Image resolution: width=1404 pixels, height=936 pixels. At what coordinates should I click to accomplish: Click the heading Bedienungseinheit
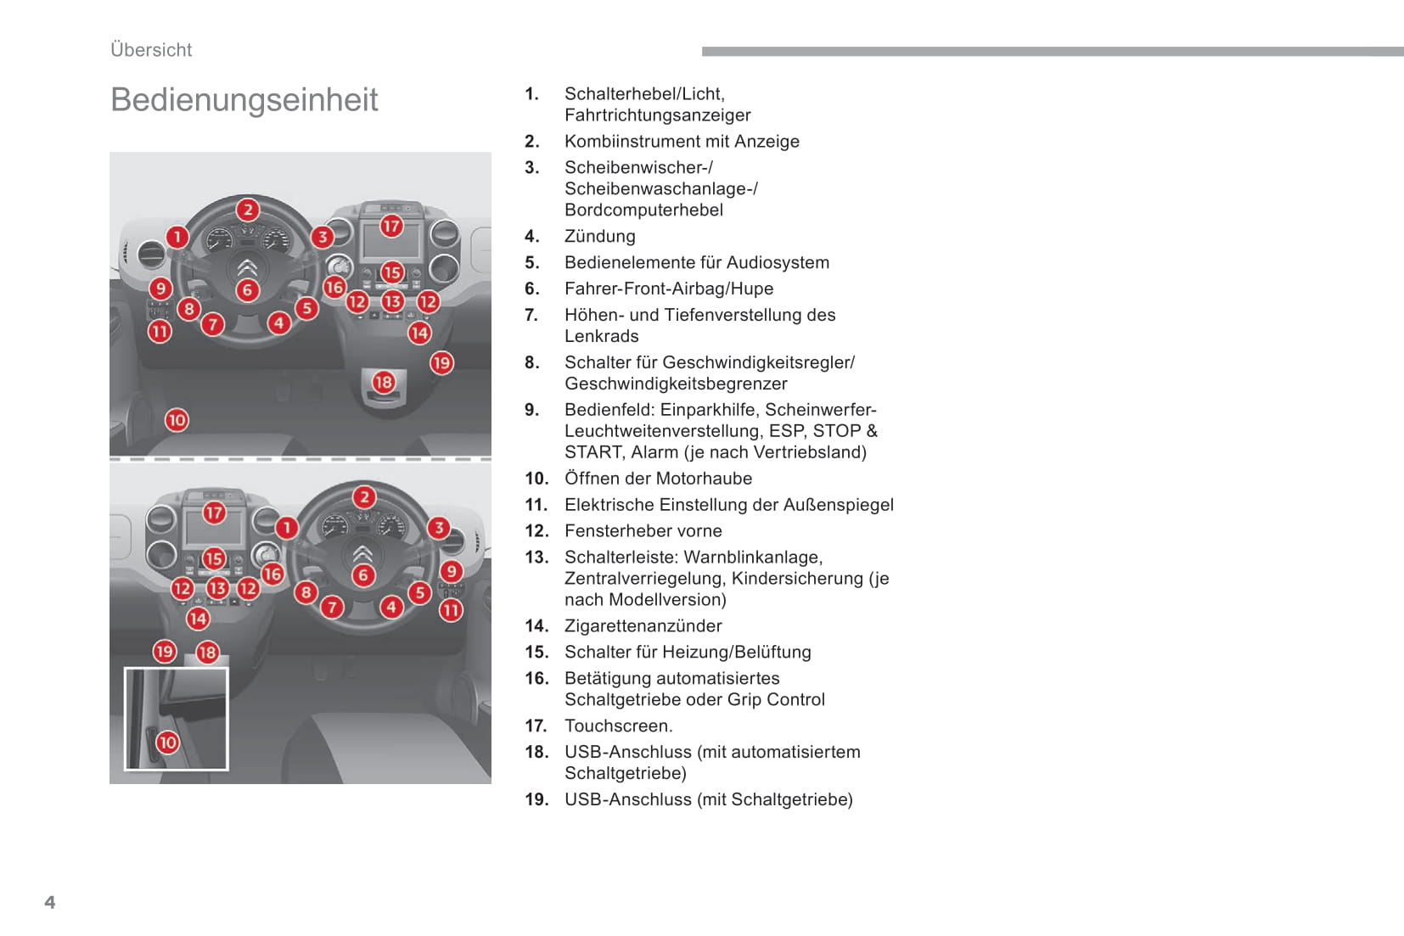244,99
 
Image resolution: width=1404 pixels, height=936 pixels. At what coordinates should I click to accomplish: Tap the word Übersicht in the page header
151,49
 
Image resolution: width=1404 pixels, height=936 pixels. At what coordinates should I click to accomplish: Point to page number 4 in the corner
50,902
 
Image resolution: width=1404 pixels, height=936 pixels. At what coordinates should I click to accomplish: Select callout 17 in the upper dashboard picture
391,226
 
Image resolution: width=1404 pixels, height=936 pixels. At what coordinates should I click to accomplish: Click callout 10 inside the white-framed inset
167,743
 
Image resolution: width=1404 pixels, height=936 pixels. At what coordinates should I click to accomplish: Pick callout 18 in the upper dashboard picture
384,382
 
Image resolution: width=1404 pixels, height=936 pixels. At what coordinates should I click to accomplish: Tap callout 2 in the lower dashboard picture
364,497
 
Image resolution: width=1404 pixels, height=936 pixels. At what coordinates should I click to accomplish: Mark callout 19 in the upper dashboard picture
441,362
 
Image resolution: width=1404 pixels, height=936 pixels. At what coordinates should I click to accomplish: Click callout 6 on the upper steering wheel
248,290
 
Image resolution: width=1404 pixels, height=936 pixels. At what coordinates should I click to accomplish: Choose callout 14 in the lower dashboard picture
198,619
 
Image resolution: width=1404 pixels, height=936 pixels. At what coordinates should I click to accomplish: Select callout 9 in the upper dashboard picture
160,289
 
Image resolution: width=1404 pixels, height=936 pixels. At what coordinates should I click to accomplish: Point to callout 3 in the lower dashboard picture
439,528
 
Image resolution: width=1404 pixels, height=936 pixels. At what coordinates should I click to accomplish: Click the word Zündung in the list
600,236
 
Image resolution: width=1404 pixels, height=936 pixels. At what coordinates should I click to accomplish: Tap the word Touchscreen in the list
616,726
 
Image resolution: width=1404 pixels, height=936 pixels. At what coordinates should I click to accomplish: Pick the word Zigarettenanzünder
643,626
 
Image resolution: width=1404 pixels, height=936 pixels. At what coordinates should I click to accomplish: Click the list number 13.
536,557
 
